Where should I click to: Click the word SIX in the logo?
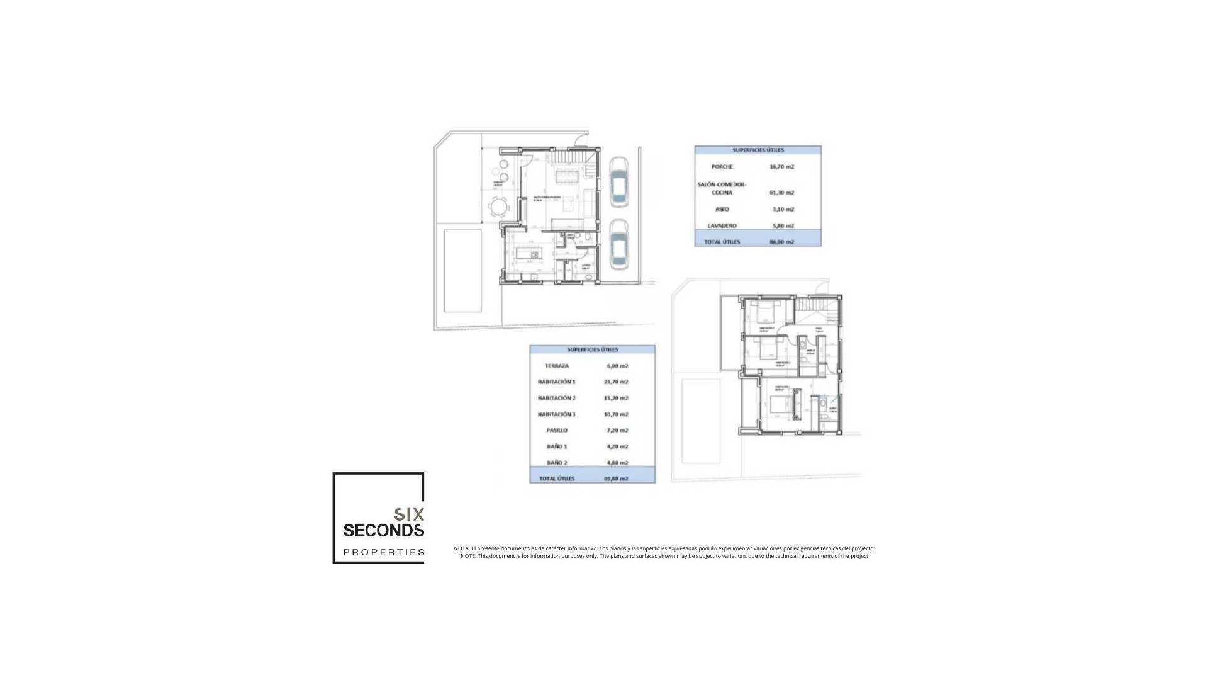(x=409, y=514)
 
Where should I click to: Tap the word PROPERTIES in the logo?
(x=384, y=552)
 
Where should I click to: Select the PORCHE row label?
(x=722, y=167)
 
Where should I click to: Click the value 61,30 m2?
(x=781, y=193)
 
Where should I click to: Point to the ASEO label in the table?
(x=722, y=209)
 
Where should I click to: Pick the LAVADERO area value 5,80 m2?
(x=781, y=225)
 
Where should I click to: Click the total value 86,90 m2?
(x=781, y=242)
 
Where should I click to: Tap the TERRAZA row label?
(x=557, y=366)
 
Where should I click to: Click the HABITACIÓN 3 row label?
(x=557, y=414)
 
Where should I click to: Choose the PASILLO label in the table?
(x=557, y=431)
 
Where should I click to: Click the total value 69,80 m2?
(x=616, y=479)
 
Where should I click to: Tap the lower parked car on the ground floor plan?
(x=619, y=245)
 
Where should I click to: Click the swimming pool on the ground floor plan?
(x=463, y=270)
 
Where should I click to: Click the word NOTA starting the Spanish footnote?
(x=461, y=548)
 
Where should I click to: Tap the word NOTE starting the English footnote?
(x=467, y=556)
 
